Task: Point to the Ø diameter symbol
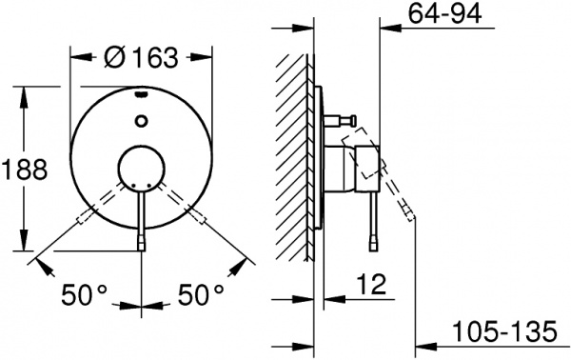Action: point(111,57)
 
